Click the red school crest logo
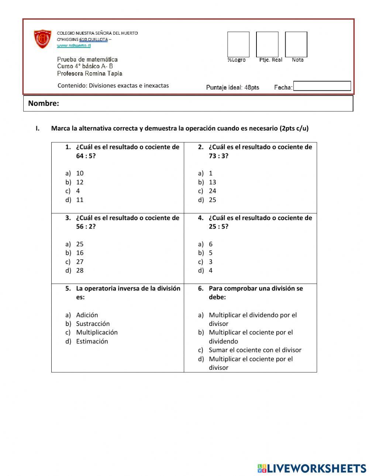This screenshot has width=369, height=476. point(42,39)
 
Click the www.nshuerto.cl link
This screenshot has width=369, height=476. point(74,46)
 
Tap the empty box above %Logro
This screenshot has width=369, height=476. point(238,44)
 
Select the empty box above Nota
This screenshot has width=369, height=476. point(296,44)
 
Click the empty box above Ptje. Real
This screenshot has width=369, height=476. point(267,44)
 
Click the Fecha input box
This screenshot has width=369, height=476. point(322,86)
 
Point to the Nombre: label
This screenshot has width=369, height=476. point(44,103)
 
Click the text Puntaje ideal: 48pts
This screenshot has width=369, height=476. point(232,87)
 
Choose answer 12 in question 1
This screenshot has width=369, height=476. point(80,182)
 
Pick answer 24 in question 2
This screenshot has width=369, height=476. point(212,191)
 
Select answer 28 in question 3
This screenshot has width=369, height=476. point(80,271)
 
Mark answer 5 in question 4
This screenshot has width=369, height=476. point(210,253)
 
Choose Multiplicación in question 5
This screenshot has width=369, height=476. point(97,333)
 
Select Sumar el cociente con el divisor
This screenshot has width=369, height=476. point(255,350)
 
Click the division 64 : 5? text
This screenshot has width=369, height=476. point(86,156)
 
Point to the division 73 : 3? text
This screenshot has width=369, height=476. point(218,156)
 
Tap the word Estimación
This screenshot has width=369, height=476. point(92,341)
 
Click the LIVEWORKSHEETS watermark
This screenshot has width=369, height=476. point(312,468)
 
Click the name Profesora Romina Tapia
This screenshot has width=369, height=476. point(89,73)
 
